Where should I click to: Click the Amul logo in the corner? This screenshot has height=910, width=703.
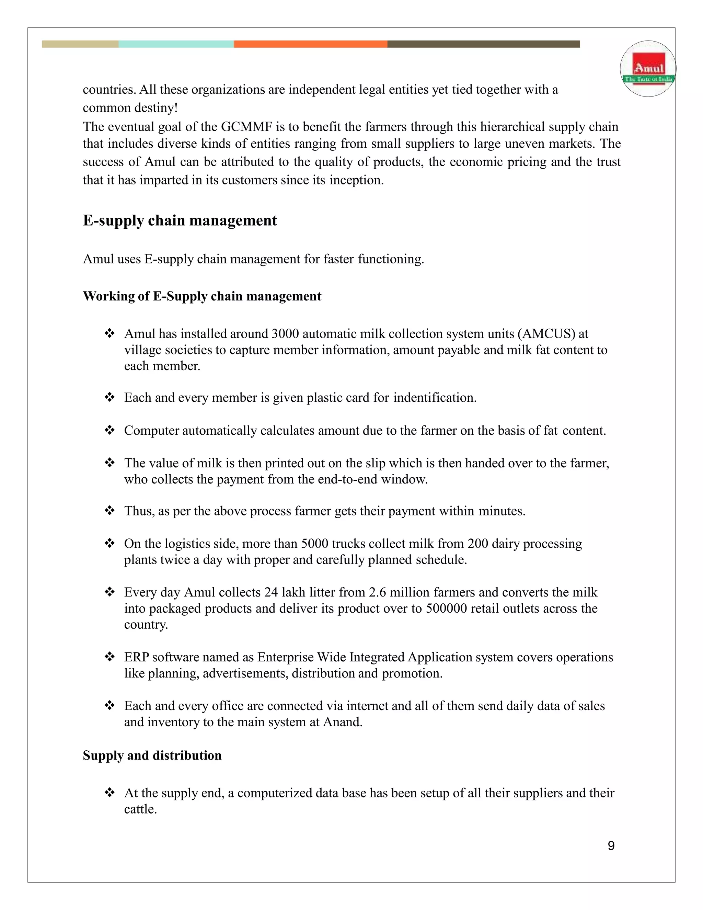click(648, 69)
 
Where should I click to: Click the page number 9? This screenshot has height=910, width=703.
click(611, 845)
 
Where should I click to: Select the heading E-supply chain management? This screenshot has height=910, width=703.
click(180, 220)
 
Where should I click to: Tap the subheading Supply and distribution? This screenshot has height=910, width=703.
click(152, 755)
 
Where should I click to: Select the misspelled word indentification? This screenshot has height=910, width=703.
click(434, 398)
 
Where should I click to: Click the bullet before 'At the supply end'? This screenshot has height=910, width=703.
click(110, 793)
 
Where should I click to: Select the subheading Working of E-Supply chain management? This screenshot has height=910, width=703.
click(202, 296)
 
